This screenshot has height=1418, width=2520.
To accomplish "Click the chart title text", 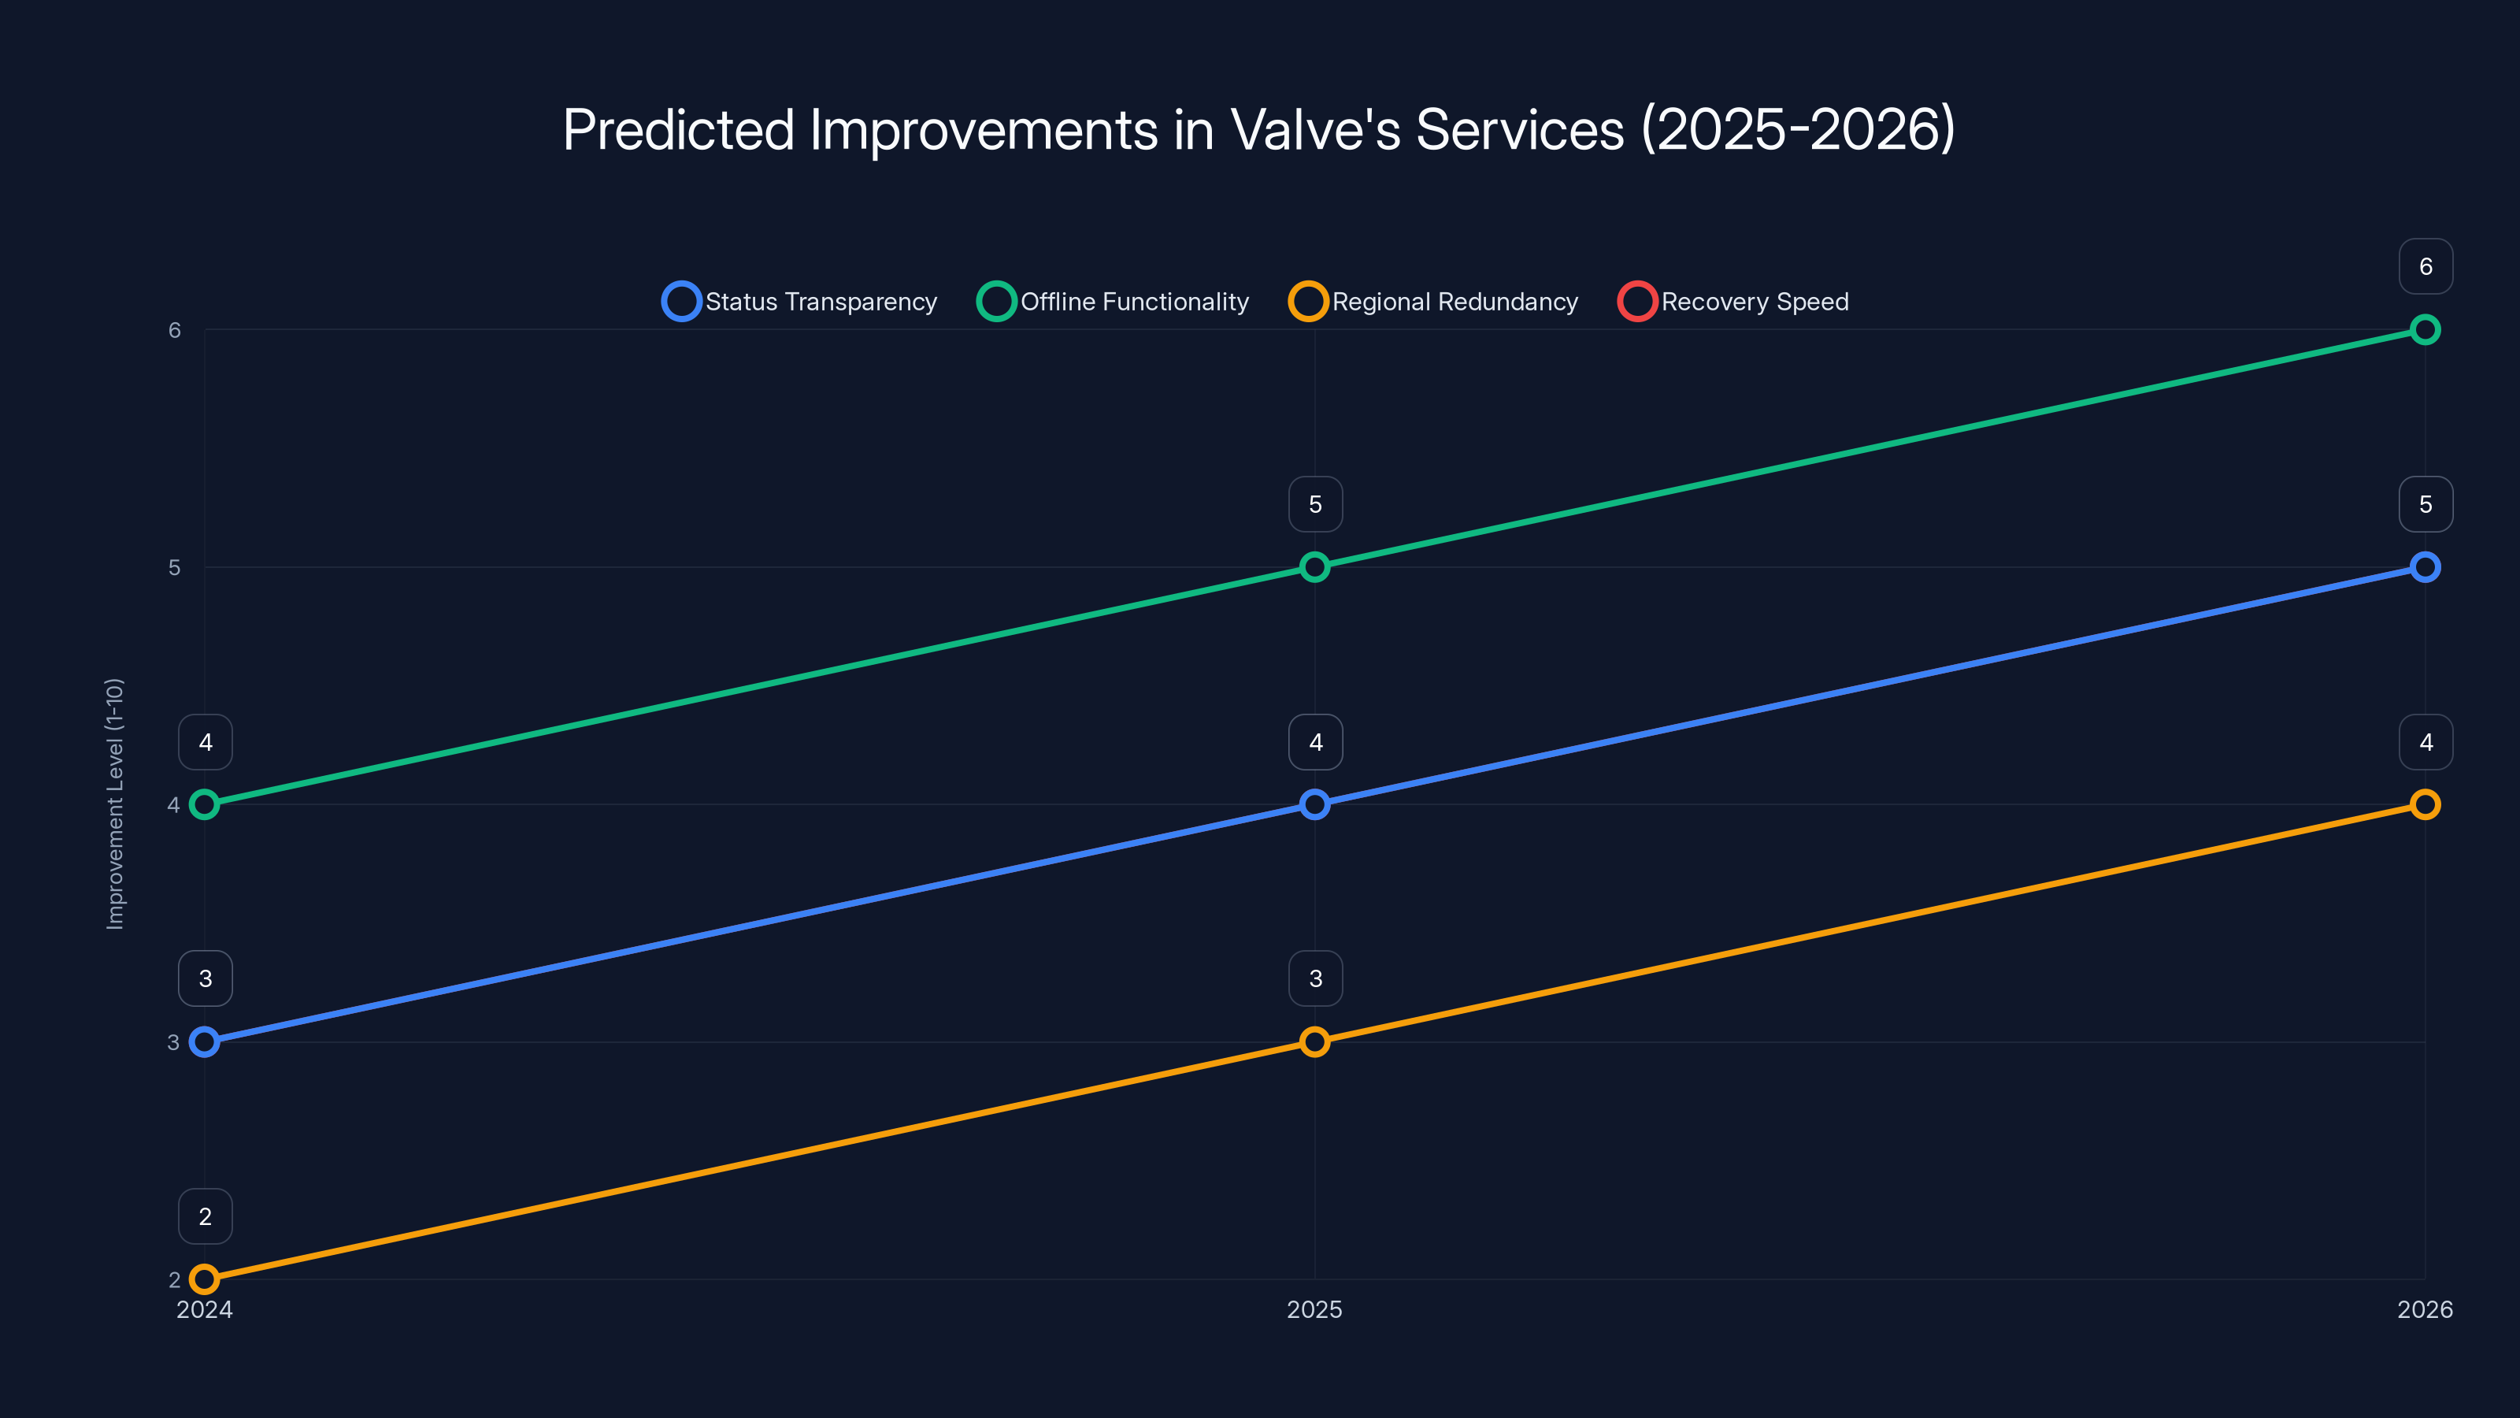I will click(1259, 129).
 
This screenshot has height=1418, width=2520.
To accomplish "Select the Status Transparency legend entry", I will click(800, 302).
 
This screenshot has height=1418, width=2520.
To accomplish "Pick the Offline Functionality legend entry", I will click(1114, 302).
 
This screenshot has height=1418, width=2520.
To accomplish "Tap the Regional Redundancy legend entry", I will click(1434, 302).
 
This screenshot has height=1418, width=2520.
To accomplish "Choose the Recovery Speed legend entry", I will click(1733, 302).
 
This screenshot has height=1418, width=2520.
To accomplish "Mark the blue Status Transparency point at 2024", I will click(205, 1042).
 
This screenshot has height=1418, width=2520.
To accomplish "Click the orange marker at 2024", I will click(205, 1279).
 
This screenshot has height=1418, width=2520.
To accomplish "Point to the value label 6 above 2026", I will click(2425, 266).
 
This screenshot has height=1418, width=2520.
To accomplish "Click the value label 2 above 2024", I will click(206, 1216).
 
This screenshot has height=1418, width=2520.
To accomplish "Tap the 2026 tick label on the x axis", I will click(2424, 1309).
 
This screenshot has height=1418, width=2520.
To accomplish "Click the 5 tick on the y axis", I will click(174, 567).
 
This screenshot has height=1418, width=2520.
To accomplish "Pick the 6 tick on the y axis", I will click(174, 330).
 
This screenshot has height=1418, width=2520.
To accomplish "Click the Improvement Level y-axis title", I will click(114, 804).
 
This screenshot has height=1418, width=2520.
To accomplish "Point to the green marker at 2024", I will click(205, 804).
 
